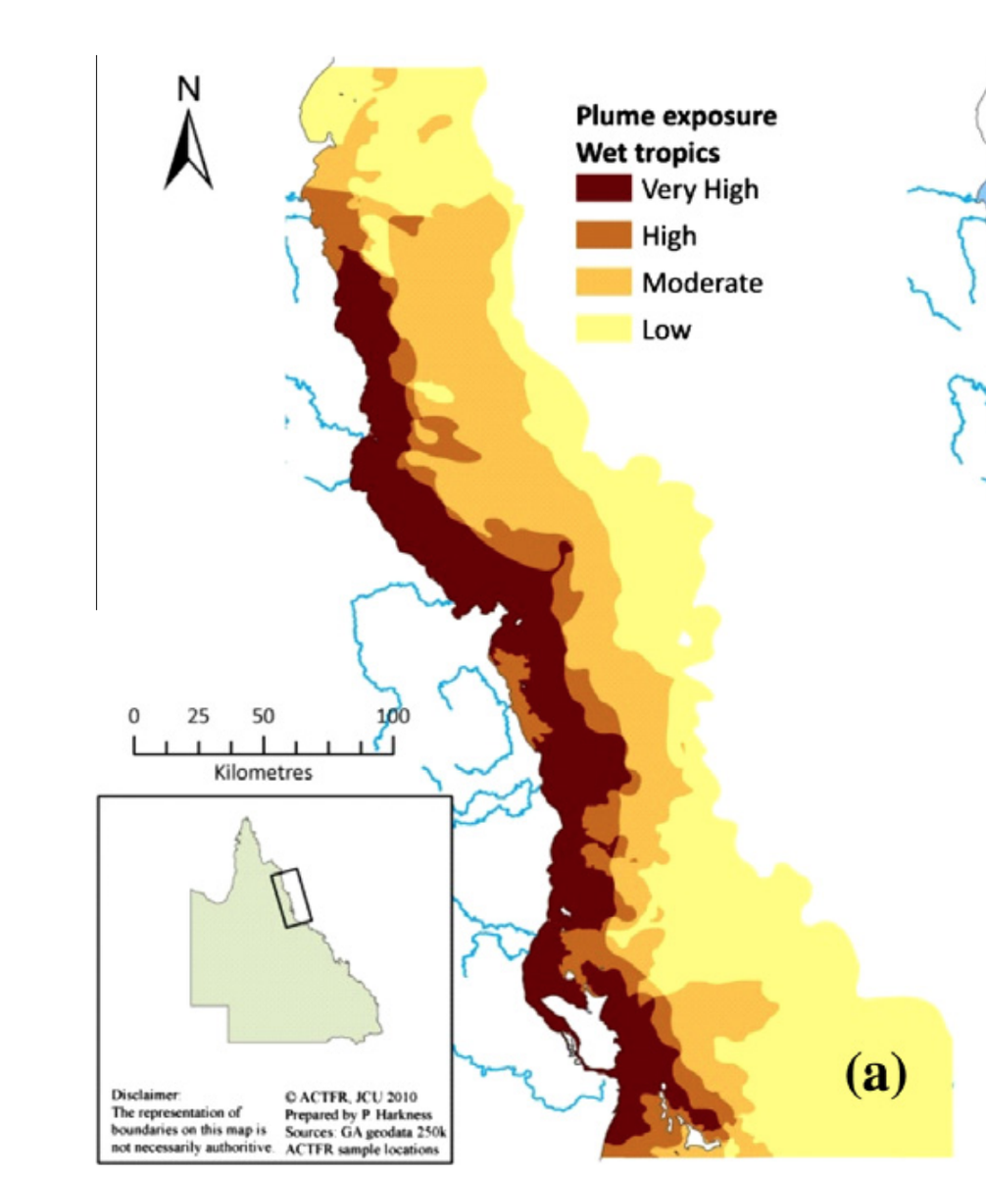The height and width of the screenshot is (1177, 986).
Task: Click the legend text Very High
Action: (700, 189)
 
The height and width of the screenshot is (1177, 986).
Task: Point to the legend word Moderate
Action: (702, 283)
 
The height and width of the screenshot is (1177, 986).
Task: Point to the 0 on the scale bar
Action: (134, 716)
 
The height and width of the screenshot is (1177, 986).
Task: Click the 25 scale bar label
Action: (199, 716)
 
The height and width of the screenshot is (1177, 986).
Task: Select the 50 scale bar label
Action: (263, 716)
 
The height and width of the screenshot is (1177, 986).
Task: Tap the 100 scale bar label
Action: (392, 716)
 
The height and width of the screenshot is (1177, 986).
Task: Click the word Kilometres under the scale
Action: (263, 773)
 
